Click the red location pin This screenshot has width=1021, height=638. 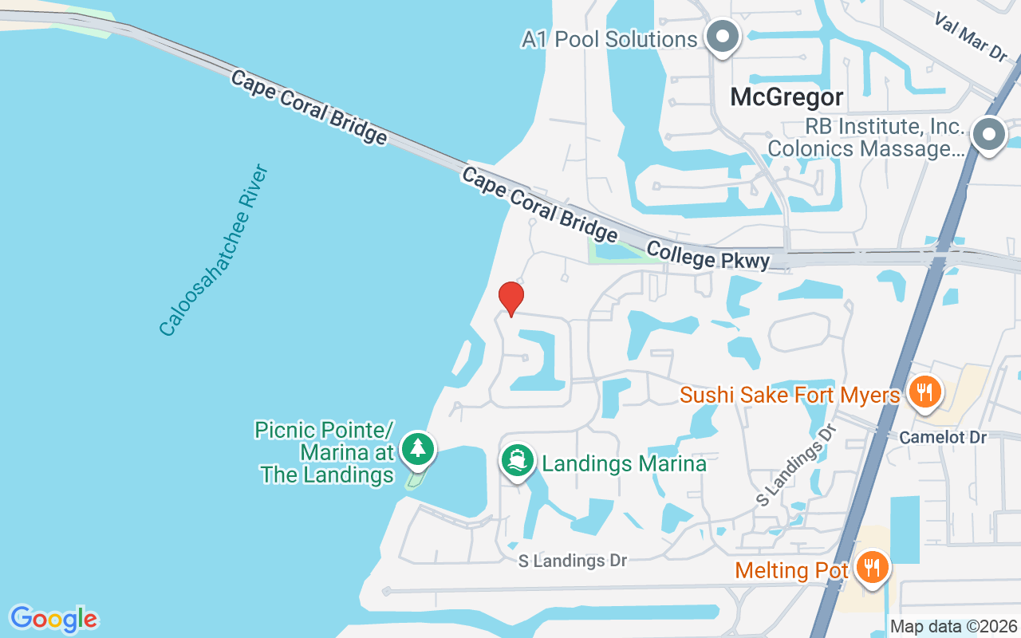click(510, 298)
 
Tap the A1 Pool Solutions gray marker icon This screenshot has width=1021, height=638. click(723, 37)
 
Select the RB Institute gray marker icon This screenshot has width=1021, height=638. click(989, 134)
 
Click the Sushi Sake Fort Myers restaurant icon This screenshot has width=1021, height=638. click(924, 392)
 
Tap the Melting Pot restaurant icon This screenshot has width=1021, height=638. click(873, 569)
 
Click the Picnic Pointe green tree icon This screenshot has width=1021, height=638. click(417, 449)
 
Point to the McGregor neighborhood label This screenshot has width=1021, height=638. click(786, 97)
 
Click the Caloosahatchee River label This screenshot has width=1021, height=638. click(214, 250)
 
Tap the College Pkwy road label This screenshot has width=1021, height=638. click(708, 256)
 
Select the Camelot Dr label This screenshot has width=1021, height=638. click(943, 437)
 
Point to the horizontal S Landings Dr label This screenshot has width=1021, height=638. click(572, 561)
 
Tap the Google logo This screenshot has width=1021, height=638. click(53, 619)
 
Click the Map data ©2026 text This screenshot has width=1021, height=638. click(953, 627)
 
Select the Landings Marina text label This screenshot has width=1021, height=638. click(624, 463)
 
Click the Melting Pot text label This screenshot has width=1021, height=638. click(791, 570)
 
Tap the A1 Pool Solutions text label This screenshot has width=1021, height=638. click(609, 38)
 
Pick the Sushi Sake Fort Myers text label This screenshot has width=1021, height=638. click(790, 395)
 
